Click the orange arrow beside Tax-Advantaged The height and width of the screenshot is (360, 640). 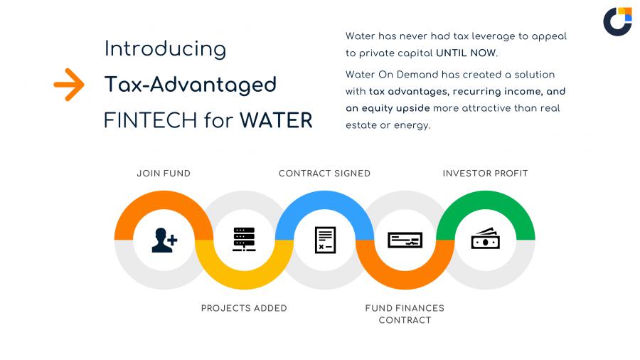69,85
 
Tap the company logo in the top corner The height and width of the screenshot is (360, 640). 617,21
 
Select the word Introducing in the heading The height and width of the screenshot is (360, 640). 165,49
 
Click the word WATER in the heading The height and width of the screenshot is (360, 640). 276,120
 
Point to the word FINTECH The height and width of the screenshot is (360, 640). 151,120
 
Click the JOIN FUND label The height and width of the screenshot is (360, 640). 164,174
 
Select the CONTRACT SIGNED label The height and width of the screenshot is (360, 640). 324,174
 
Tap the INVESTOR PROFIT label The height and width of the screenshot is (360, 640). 485,174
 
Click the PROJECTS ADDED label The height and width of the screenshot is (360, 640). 244,308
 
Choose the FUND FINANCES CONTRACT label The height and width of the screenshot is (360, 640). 405,314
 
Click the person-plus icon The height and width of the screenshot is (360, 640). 164,240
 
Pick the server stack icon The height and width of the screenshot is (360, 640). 244,239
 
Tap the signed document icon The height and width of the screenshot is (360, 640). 325,240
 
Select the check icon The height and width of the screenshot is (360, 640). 405,240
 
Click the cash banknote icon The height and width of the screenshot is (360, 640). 485,238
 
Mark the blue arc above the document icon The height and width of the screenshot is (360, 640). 324,200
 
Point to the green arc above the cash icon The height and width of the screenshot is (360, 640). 485,200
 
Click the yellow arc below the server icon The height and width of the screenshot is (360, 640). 244,280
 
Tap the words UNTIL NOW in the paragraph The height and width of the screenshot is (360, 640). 466,53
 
